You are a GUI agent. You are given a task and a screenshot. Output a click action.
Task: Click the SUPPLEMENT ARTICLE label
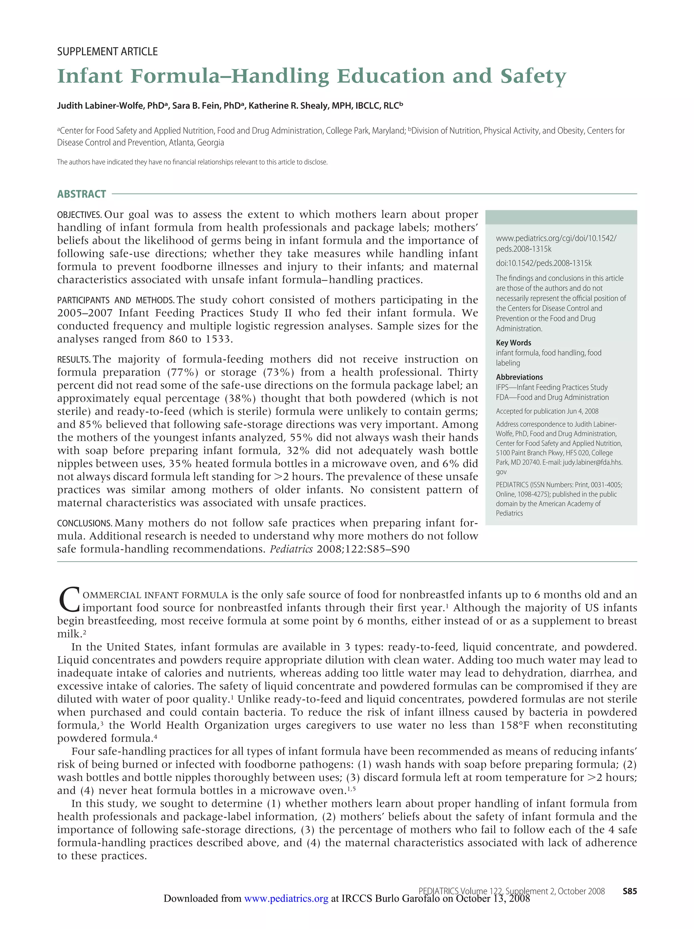[x=107, y=52]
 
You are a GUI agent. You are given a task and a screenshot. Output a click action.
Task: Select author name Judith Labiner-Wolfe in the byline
[x=101, y=106]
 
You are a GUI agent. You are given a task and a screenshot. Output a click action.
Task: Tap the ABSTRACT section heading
[x=81, y=194]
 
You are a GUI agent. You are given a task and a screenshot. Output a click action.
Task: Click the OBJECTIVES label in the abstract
[x=79, y=215]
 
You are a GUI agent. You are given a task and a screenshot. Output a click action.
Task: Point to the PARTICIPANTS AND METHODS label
[x=116, y=300]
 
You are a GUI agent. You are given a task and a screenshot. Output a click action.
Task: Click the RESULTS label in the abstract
[x=74, y=360]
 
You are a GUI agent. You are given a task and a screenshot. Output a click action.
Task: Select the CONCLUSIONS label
[x=84, y=523]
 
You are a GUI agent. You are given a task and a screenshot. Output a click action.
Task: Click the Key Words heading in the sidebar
[x=513, y=343]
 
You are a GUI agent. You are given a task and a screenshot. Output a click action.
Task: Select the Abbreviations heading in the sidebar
[x=519, y=377]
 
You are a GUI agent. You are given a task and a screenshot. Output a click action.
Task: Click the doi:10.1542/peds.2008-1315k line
[x=543, y=263]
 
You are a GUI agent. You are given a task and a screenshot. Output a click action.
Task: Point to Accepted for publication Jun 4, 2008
[x=547, y=411]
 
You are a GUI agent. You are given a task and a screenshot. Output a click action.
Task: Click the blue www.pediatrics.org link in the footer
[x=286, y=898]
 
